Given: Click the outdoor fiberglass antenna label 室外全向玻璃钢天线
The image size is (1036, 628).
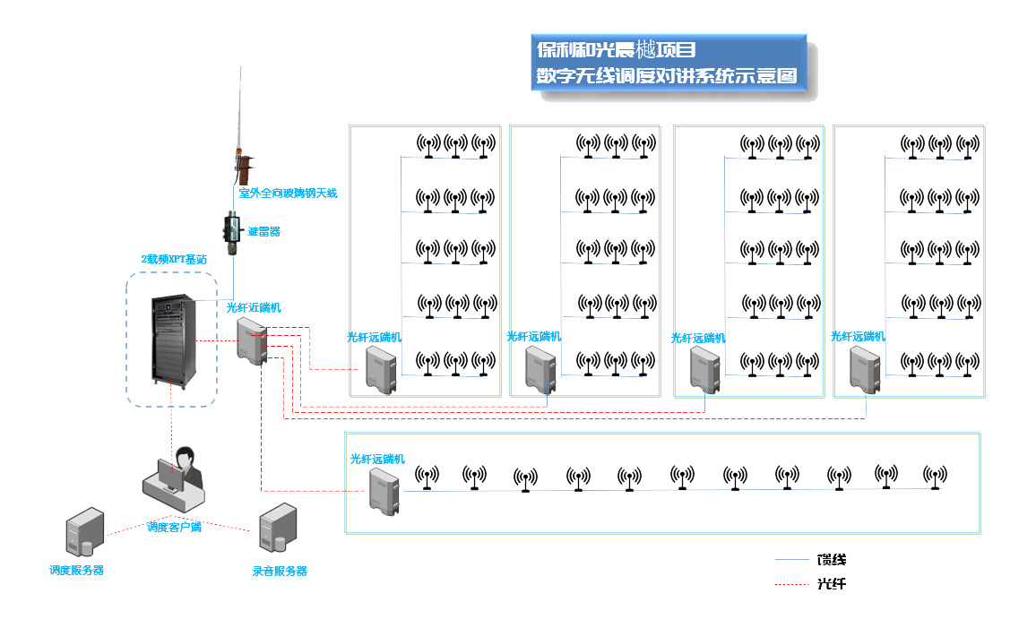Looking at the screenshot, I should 288,193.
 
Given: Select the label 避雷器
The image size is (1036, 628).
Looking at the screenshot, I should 263,231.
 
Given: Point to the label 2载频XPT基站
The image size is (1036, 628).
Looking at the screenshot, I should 168,259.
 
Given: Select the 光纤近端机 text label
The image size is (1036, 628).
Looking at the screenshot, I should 254,307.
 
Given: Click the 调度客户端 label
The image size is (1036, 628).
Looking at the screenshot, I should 174,527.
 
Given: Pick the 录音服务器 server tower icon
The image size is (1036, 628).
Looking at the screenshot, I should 277,527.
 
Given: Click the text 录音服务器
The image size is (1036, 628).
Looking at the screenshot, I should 280,571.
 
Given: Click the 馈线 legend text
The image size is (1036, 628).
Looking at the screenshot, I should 831,560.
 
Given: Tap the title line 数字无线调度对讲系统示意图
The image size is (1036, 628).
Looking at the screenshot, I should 666,76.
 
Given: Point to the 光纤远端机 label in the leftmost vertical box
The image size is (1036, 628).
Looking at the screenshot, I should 375,337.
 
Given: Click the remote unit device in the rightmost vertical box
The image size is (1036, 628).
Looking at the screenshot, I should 864,369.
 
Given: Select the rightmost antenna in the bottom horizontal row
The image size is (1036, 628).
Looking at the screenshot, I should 935,477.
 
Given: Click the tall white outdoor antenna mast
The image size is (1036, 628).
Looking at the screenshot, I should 240,116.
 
